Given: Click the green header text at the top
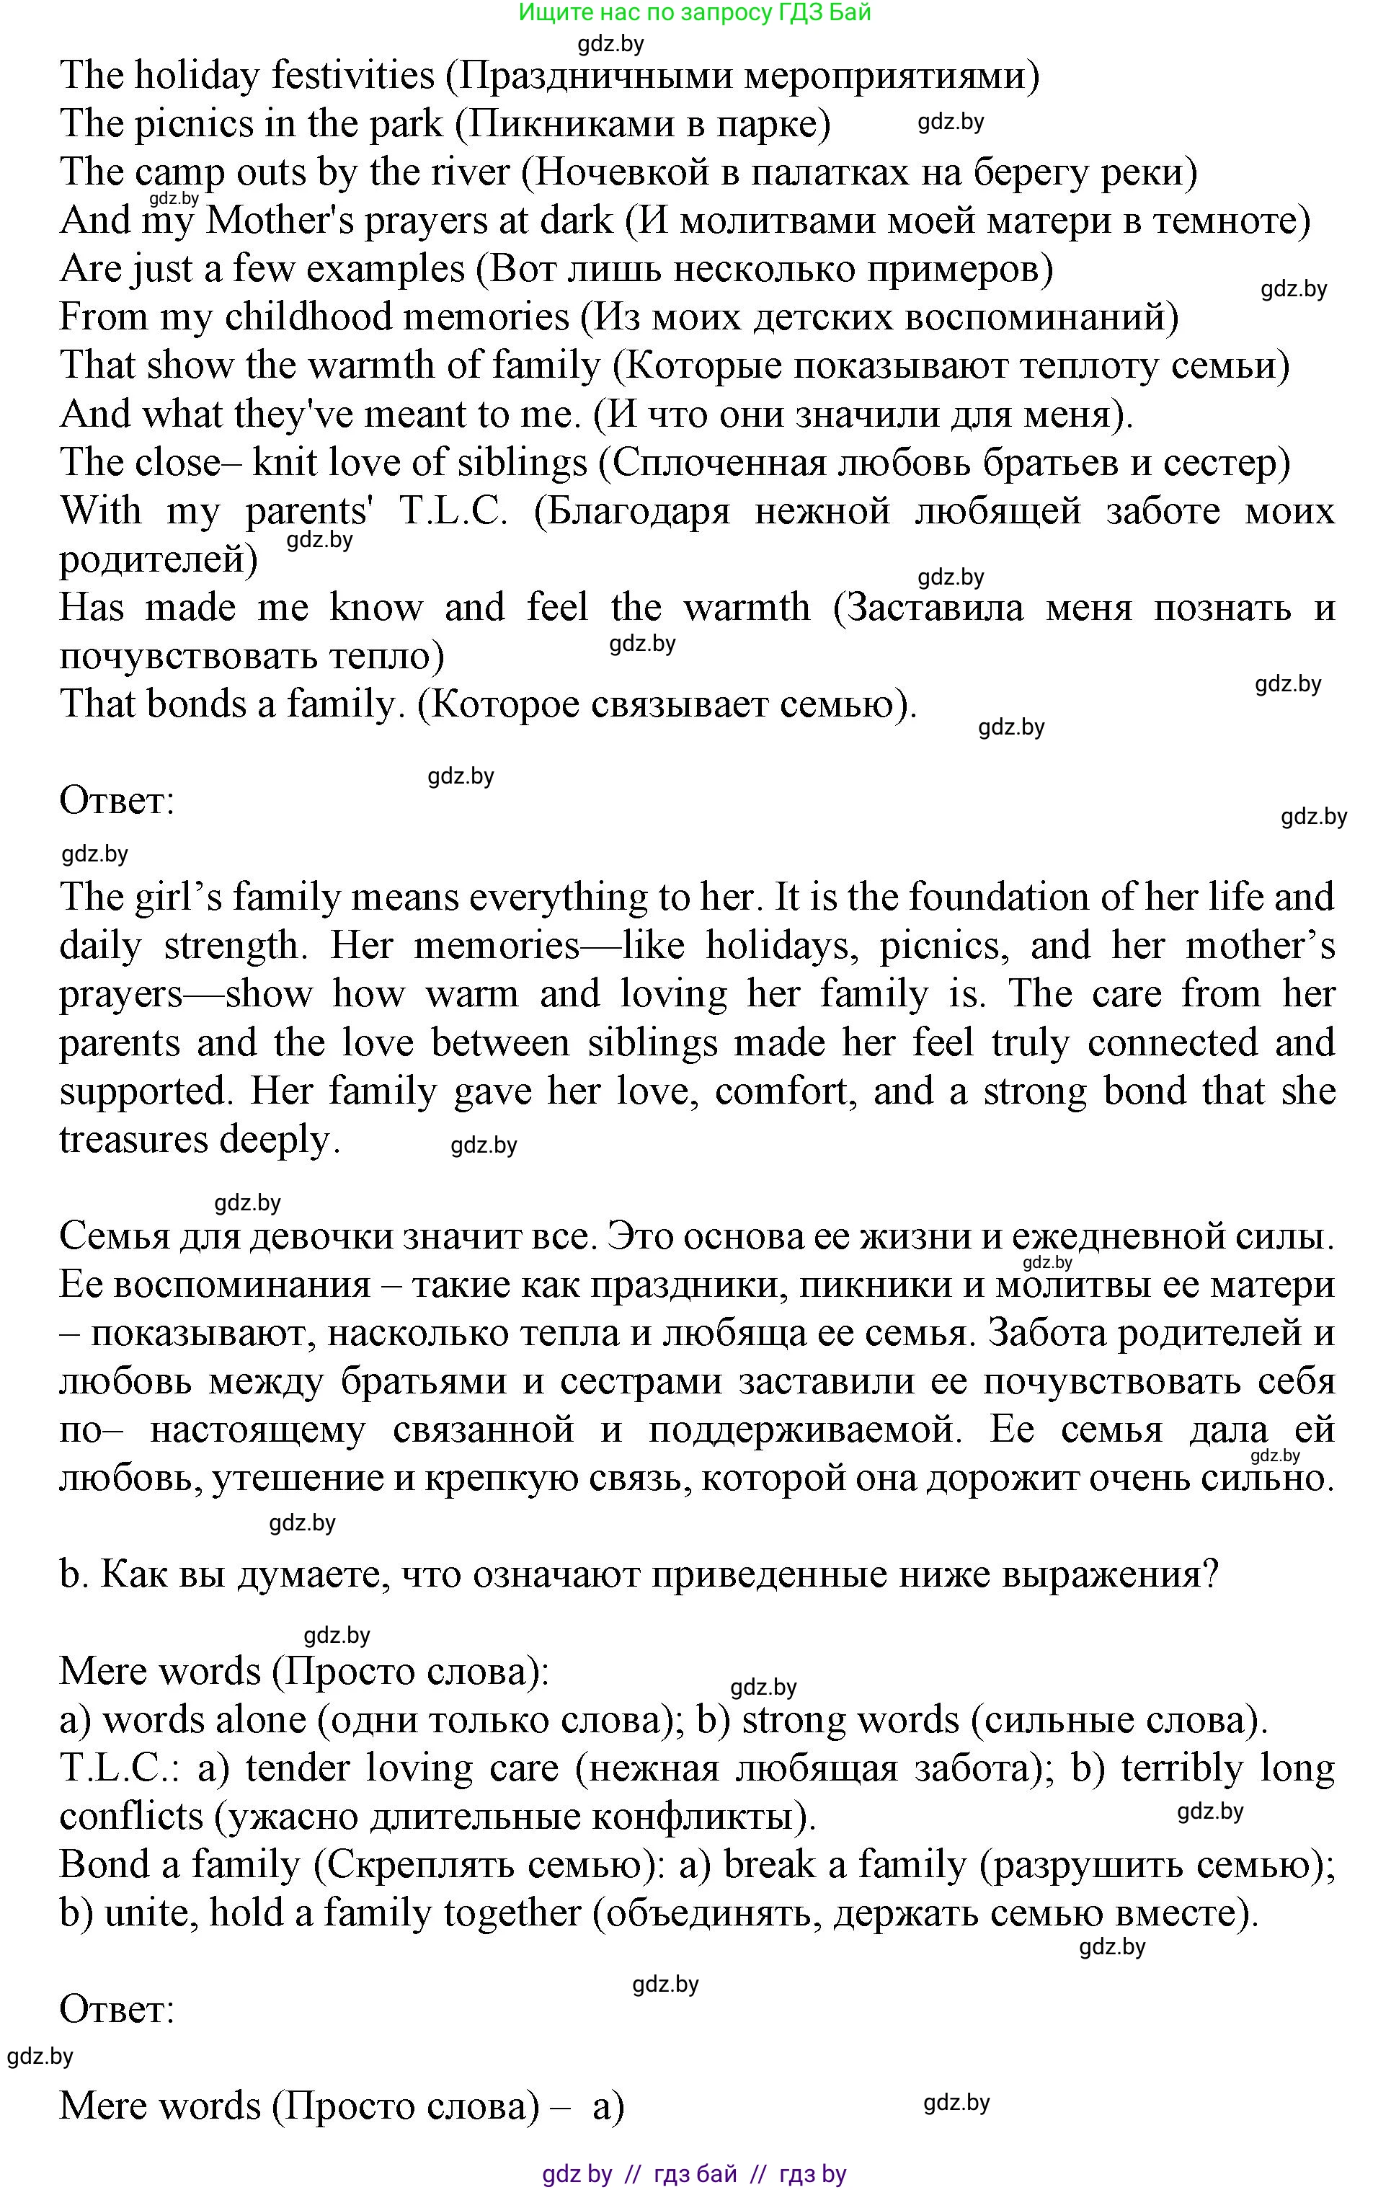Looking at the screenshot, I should click(695, 13).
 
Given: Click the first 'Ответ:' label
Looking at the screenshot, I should click(116, 801).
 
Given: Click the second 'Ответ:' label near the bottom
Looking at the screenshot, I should click(116, 2009).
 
